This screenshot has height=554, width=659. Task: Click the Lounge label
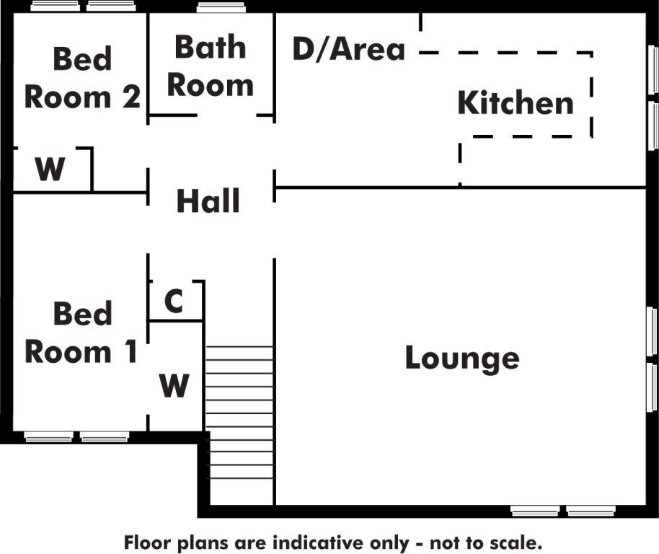tap(462, 359)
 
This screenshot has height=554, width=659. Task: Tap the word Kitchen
tap(516, 102)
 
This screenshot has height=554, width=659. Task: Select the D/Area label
tap(349, 49)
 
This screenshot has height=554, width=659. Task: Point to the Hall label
tap(208, 201)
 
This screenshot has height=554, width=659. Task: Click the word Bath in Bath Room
tap(210, 47)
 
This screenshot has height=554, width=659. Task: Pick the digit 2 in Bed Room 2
tap(131, 97)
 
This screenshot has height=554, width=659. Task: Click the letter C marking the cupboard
tap(174, 301)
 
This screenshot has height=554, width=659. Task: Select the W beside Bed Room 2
tap(50, 169)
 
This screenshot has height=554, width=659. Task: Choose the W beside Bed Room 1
tap(174, 385)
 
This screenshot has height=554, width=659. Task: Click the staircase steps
tap(239, 412)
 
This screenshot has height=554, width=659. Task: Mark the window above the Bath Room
tap(221, 7)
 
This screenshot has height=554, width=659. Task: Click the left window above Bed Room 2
tap(56, 6)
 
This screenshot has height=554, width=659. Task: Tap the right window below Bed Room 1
tap(105, 436)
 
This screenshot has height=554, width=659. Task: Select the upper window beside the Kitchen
tap(653, 70)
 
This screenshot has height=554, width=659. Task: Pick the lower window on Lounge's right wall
tap(652, 387)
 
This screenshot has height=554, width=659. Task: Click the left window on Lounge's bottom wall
tap(535, 511)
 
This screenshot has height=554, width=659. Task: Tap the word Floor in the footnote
tap(148, 542)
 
